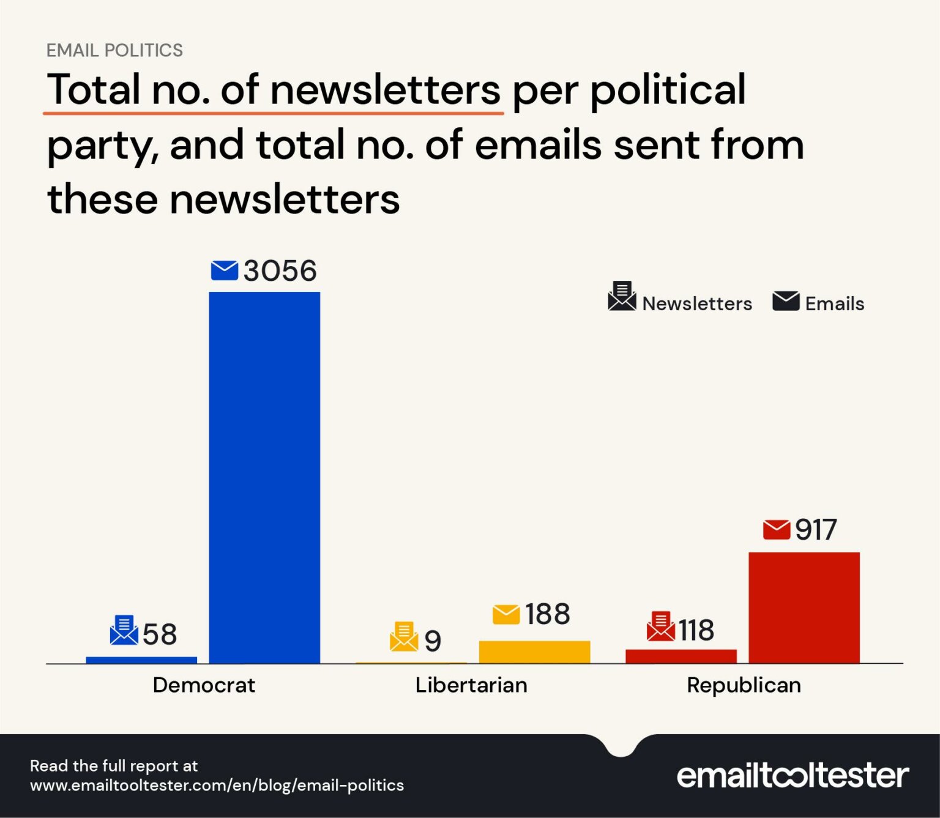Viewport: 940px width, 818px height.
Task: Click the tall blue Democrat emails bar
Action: pyautogui.click(x=264, y=477)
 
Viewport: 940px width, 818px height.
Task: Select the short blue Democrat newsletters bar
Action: pyautogui.click(x=141, y=660)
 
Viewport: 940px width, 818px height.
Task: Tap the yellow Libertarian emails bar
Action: pyautogui.click(x=534, y=652)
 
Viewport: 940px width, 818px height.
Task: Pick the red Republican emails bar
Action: pyautogui.click(x=804, y=607)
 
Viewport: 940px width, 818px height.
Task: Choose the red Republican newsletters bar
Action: pyautogui.click(x=681, y=656)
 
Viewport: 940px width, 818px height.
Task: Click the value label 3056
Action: pyautogui.click(x=280, y=271)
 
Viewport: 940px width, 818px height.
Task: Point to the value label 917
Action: pyautogui.click(x=815, y=530)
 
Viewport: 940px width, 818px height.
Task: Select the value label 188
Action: pyautogui.click(x=547, y=614)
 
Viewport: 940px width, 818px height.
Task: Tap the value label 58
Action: pyautogui.click(x=160, y=634)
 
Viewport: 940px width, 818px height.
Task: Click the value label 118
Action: pyautogui.click(x=696, y=630)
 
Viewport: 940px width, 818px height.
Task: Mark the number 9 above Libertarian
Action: pyautogui.click(x=433, y=641)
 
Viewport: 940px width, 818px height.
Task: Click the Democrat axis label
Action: pyautogui.click(x=204, y=685)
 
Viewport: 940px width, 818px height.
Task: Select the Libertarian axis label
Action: pyautogui.click(x=471, y=685)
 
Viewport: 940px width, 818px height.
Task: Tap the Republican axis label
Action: pyautogui.click(x=744, y=685)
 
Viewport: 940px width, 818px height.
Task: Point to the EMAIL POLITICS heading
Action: pyautogui.click(x=114, y=50)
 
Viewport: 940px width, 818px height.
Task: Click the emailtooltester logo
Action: pyautogui.click(x=793, y=776)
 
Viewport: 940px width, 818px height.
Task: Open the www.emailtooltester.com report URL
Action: pyautogui.click(x=217, y=786)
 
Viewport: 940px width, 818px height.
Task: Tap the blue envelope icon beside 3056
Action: pyautogui.click(x=224, y=270)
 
